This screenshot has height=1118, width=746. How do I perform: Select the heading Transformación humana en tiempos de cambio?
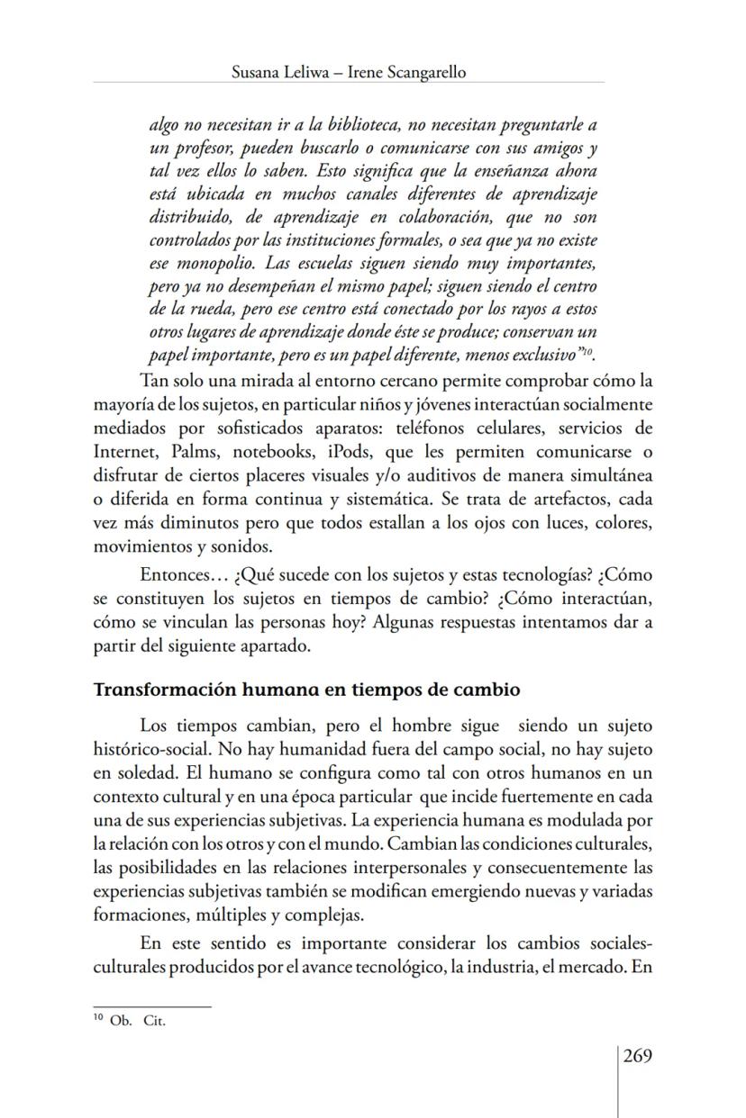[307, 691]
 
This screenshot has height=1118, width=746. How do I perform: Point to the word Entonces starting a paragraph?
[175, 576]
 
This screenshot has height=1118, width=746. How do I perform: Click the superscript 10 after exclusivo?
[587, 353]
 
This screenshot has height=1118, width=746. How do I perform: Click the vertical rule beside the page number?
[617, 1080]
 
